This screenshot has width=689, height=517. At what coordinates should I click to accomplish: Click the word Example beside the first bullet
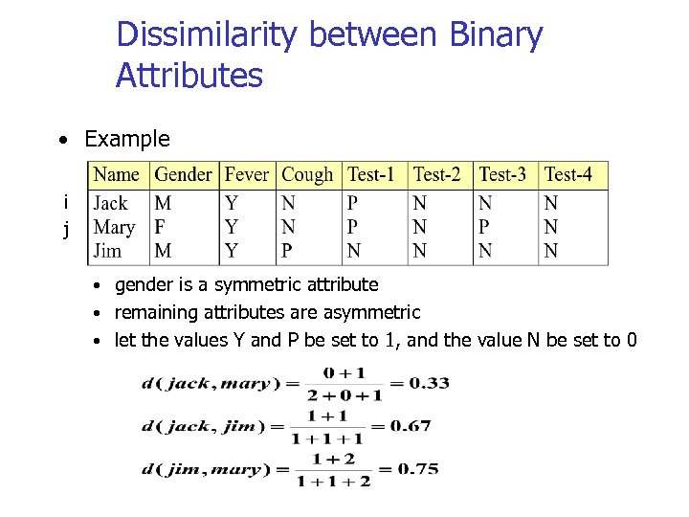click(x=127, y=139)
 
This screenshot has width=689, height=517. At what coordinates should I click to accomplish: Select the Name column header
click(x=117, y=174)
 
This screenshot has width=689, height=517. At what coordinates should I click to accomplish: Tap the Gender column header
click(x=183, y=174)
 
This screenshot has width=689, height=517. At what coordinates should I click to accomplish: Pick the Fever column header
click(x=247, y=174)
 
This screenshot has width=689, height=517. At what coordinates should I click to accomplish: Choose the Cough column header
click(x=307, y=174)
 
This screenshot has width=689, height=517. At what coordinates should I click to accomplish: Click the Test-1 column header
click(x=371, y=174)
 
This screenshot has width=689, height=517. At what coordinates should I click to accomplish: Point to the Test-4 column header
click(x=568, y=174)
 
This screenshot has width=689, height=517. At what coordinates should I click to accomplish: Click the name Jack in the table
click(x=110, y=203)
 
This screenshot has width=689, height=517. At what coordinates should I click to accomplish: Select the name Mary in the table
click(x=114, y=227)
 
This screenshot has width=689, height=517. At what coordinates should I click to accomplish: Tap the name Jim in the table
click(x=107, y=251)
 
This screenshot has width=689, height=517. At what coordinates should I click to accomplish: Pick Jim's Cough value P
click(x=288, y=251)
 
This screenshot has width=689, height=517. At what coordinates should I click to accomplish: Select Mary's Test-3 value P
click(x=484, y=227)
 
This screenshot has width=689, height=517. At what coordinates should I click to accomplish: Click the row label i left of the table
click(x=65, y=202)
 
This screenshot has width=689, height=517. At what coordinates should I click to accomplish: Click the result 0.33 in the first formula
click(x=430, y=383)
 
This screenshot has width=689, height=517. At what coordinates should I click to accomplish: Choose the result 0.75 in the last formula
click(x=418, y=469)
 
